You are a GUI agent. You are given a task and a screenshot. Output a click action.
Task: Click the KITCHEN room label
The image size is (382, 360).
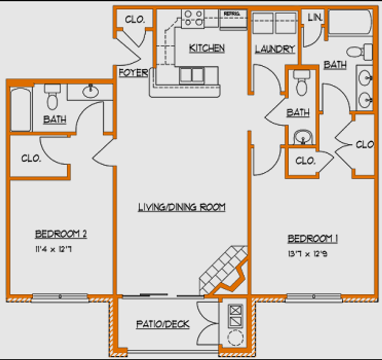pos(207,48)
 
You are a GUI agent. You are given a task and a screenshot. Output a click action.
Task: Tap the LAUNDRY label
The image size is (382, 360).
pos(275,49)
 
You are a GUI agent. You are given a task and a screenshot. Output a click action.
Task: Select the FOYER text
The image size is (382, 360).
pos(133,73)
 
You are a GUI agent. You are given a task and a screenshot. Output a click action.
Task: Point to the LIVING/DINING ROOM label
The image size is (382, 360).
pos(182,207)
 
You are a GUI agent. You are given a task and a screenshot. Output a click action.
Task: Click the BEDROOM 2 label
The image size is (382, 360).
pos(61,234)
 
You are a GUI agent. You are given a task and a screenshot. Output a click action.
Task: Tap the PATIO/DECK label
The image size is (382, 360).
pos(163,324)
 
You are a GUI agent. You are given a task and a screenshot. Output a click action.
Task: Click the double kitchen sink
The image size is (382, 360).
pos(192,75)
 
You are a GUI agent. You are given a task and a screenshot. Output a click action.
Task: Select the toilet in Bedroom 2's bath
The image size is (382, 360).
pos(52,98)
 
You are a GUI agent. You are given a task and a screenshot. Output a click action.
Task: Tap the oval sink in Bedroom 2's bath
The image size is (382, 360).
pos(90,91)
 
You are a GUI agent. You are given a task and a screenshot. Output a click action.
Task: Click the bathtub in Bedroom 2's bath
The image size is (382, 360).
pos(21,109)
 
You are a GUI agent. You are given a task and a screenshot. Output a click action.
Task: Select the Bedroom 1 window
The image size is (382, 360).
pos(313,298)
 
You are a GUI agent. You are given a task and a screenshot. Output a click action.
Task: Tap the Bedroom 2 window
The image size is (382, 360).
pos(60,298)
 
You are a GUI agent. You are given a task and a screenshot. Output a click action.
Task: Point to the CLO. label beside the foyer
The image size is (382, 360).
pos(134,19)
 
